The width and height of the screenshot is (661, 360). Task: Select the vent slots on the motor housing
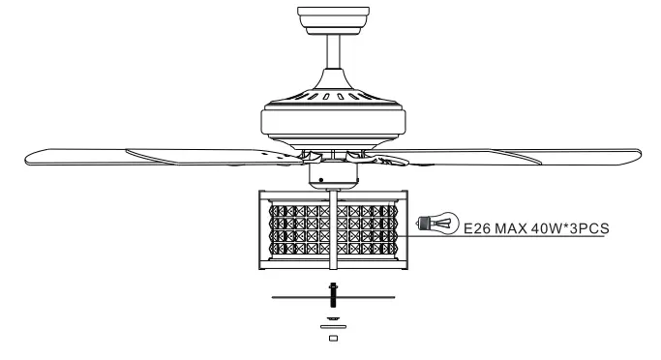coord(333,97)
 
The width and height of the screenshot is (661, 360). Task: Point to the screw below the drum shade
coord(333,289)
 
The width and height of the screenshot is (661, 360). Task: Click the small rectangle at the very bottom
coord(333,339)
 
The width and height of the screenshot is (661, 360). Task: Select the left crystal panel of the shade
coord(294,230)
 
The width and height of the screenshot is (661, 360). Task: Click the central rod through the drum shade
coord(333,232)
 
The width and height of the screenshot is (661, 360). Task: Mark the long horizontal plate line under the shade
coord(290,297)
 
